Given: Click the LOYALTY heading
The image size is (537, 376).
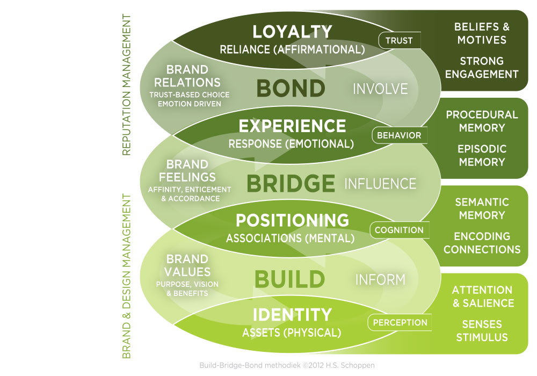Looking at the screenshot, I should [292, 32].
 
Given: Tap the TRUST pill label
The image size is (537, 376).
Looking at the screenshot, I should [399, 40].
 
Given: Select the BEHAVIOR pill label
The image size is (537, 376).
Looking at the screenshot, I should [399, 135].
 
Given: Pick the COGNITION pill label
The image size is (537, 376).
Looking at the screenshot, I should [399, 230].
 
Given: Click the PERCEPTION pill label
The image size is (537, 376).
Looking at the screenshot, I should [400, 323].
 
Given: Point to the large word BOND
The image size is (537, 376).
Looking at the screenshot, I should [291, 89].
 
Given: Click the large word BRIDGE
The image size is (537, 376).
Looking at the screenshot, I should [291, 184].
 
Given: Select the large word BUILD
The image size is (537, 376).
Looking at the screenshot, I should [289, 279].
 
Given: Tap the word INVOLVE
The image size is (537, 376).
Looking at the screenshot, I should [380, 89].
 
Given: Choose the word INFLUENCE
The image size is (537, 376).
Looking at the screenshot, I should [380, 184].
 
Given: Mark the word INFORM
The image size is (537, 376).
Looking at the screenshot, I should [380, 279].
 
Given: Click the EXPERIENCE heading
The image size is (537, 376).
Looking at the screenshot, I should [292, 126].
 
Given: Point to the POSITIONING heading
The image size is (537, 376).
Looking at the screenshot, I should [292, 220].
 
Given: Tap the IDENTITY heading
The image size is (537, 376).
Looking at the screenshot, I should [292, 315].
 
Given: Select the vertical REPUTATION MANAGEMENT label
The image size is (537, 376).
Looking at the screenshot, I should [127, 85].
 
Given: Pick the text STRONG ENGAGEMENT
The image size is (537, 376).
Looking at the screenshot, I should [482, 68].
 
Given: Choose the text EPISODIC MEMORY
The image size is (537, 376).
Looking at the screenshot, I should [482, 155].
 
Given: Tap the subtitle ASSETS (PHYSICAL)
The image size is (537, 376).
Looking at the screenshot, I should [292, 333].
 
